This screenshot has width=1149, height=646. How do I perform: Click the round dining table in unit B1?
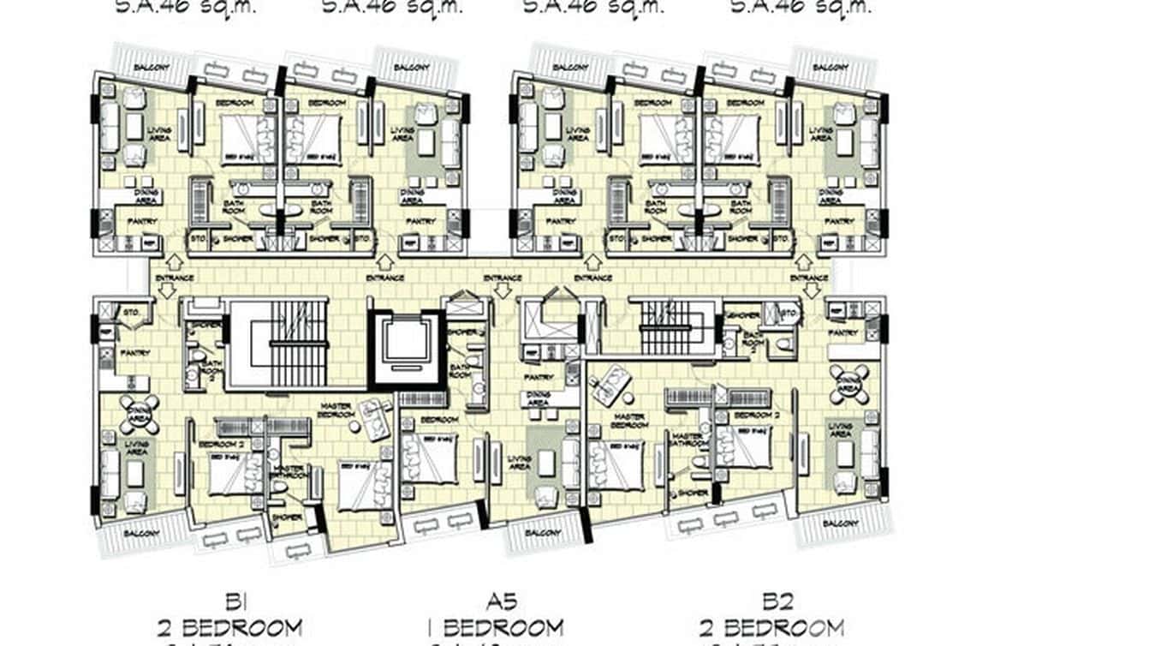click(x=139, y=414)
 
